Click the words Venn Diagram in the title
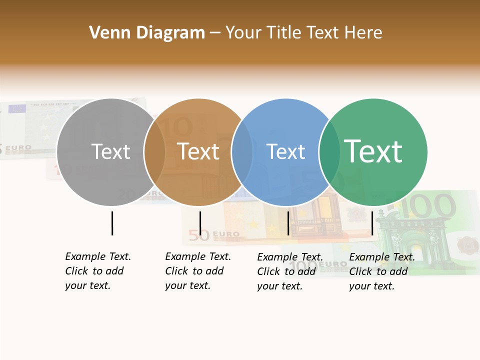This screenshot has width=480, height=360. [147, 33]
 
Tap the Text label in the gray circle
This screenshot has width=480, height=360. [110, 151]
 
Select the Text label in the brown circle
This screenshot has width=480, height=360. [198, 151]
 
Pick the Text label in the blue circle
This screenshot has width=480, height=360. [285, 151]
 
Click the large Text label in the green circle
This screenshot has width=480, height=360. [373, 151]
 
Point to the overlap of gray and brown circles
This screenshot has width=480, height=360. [154, 152]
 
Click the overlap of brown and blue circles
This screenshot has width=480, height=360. [242, 152]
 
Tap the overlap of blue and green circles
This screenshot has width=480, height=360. [329, 152]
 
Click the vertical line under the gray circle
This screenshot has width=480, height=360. [112, 223]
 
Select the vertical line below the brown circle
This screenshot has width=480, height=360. [200, 223]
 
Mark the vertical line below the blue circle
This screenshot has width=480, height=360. [288, 223]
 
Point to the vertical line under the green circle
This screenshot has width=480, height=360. [372, 223]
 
